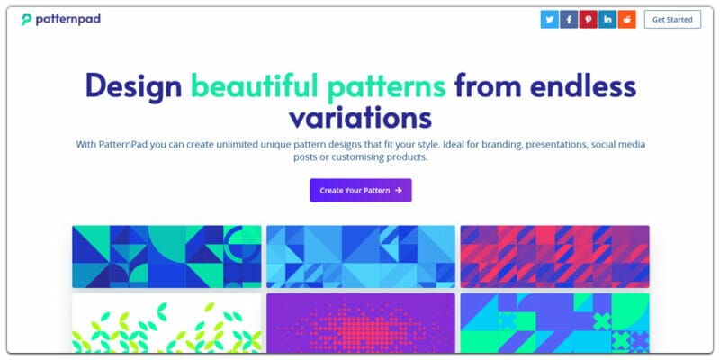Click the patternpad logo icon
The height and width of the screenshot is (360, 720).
pos(27,19)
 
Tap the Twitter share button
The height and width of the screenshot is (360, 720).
pos(549,19)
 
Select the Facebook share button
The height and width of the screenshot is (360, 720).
pos(569,19)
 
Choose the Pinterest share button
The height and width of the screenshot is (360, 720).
pos(589,19)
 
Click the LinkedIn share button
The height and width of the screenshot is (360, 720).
pos(608,19)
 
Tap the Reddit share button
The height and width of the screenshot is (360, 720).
pos(627,19)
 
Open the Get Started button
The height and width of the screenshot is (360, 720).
pos(672,19)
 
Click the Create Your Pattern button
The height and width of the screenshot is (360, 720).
pos(360,190)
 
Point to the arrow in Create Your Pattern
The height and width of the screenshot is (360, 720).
pos(398,190)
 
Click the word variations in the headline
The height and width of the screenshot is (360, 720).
pos(360,118)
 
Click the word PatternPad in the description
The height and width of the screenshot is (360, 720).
pos(130,144)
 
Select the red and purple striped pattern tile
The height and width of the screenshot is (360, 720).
pos(554,256)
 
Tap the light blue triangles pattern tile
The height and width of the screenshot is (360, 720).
pos(360,256)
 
